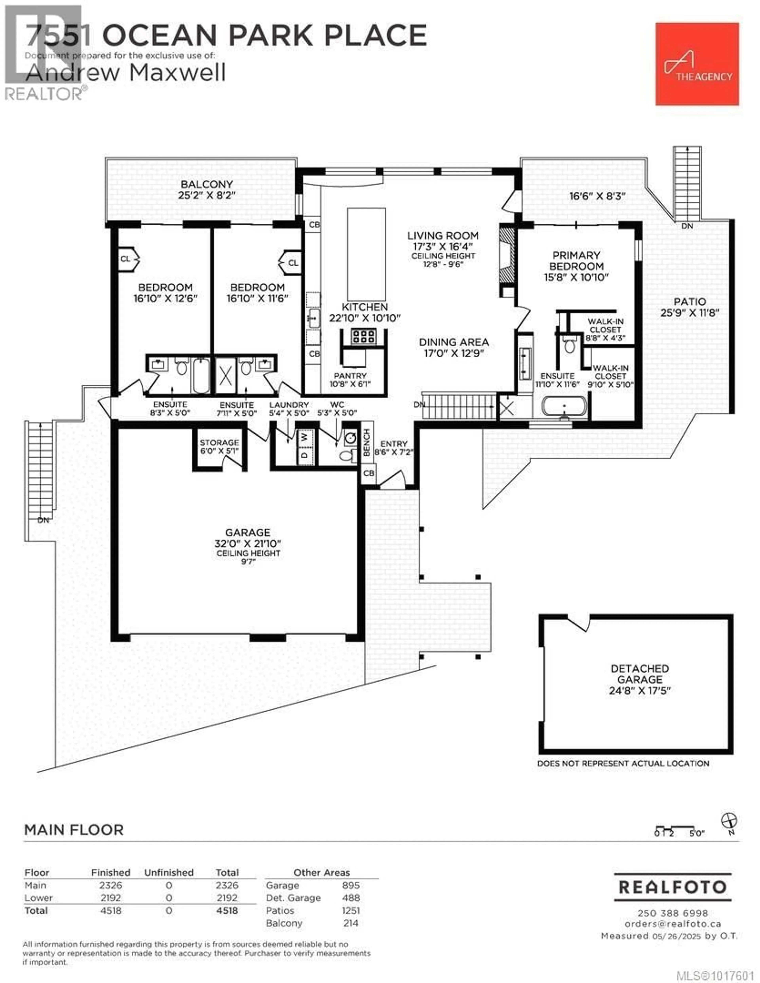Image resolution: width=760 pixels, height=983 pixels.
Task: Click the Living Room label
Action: tap(443, 235)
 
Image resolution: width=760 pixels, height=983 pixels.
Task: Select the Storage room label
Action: tap(219, 443)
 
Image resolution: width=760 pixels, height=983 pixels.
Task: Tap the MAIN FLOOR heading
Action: tap(74, 829)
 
